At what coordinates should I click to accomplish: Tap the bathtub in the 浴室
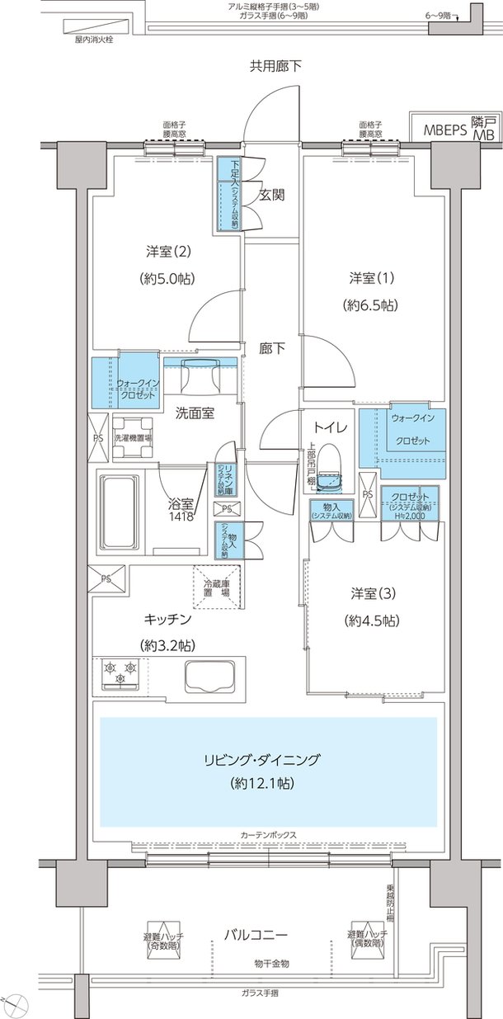(x=121, y=512)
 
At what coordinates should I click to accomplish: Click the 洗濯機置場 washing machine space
(x=135, y=437)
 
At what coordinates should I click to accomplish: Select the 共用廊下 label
(x=275, y=66)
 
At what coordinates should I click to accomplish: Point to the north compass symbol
(x=18, y=1004)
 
